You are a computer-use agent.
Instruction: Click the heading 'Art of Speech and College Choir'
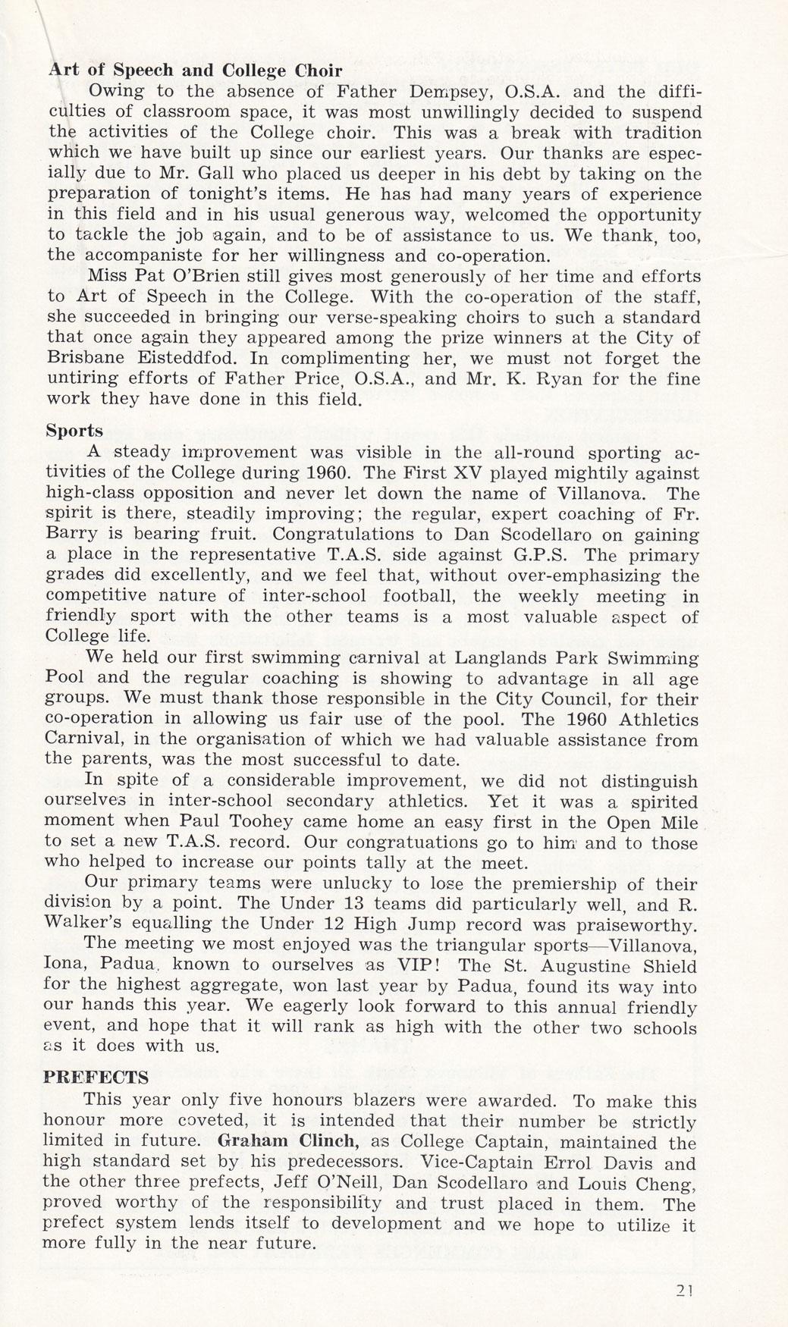click(194, 71)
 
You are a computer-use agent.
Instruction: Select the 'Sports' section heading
click(74, 431)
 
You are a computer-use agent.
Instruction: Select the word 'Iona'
click(64, 966)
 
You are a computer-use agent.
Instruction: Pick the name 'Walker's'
click(87, 924)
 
